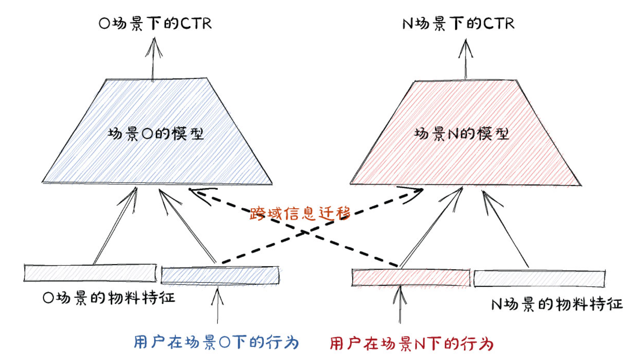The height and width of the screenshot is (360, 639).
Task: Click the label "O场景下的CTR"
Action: coord(155,24)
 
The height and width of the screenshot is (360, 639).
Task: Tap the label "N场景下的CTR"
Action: coord(458,24)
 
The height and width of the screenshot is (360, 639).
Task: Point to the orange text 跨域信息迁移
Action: coord(300,213)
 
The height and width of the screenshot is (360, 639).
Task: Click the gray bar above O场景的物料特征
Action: coord(90,273)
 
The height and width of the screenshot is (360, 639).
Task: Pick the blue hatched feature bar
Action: coord(220,275)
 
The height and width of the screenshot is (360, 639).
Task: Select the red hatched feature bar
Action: coord(410,278)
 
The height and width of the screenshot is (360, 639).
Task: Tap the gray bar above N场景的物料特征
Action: coord(539,278)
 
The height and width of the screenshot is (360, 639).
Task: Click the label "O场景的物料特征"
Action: coord(109,298)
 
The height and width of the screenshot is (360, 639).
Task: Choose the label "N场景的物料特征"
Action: coord(557,304)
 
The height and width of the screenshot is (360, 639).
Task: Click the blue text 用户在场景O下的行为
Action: coord(216,342)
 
